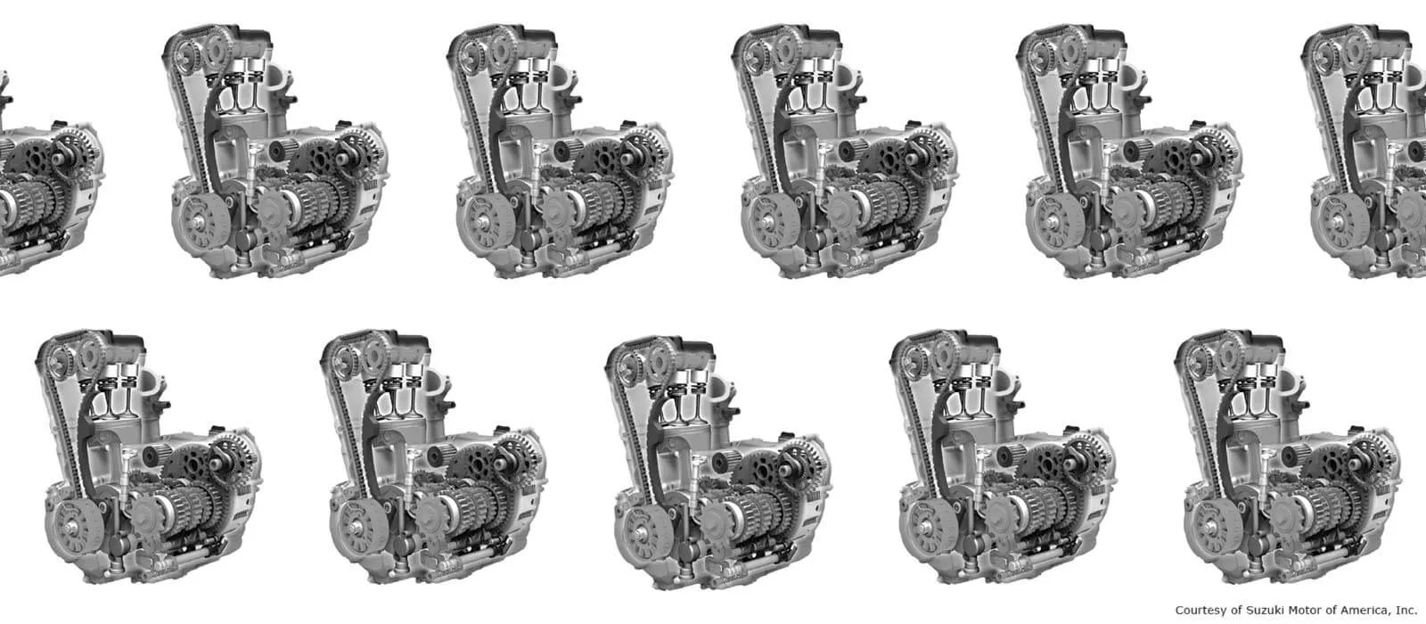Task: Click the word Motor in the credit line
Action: coord(1299,611)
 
